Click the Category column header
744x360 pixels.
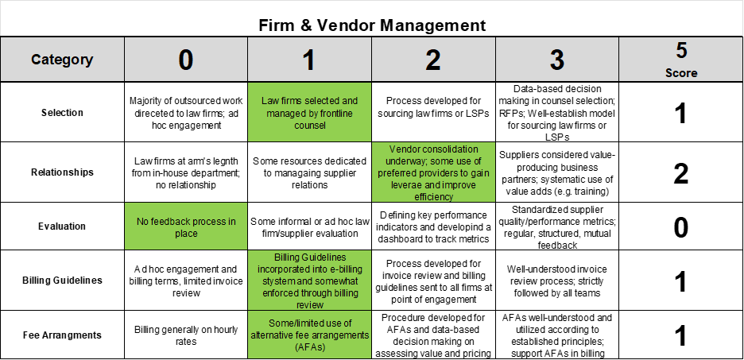point(62,60)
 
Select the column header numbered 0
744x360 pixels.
point(185,60)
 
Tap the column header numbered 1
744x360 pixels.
point(309,60)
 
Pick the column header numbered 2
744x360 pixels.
point(433,60)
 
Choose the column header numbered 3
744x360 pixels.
point(557,60)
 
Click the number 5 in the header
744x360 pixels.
point(681,51)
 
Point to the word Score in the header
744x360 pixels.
point(681,72)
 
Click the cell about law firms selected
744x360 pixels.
point(309,112)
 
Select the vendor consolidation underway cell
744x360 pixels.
point(433,172)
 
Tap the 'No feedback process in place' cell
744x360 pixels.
point(185,226)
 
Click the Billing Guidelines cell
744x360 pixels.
point(309,281)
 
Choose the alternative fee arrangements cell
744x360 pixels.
point(309,335)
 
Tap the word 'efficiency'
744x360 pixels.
point(433,196)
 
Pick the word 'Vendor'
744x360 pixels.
point(405,149)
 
